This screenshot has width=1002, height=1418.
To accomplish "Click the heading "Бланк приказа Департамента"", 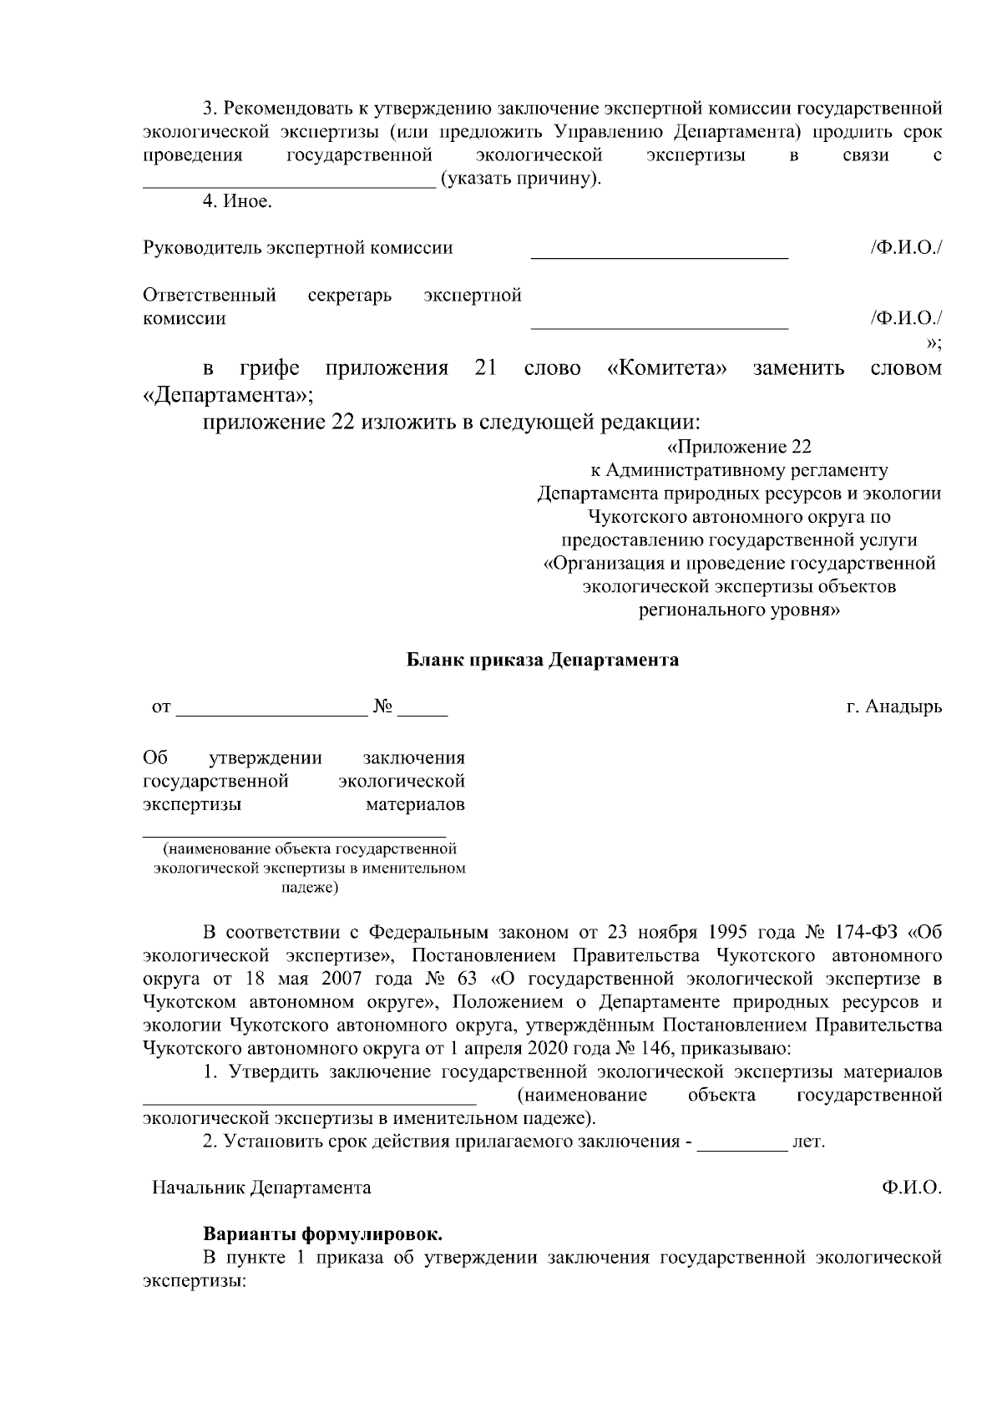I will click(543, 661).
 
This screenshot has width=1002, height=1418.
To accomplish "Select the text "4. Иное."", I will click(238, 202).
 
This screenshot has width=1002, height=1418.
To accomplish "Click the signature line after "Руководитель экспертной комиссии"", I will click(660, 256).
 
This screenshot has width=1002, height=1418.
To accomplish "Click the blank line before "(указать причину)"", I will click(289, 185).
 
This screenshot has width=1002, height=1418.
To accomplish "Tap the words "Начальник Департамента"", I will click(261, 1187).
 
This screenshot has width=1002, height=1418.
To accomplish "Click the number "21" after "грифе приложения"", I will click(485, 368).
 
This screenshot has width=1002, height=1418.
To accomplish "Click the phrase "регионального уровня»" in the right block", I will click(740, 610).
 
